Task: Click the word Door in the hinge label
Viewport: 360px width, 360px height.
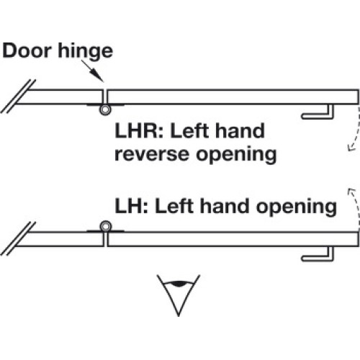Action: (x=27, y=50)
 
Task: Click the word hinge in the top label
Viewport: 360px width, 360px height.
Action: (x=86, y=53)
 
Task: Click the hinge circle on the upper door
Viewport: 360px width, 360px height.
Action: (x=105, y=110)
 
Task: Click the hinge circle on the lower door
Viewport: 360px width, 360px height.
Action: (x=106, y=226)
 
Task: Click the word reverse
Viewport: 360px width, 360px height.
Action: (x=152, y=154)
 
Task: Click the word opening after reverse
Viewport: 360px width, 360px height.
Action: (x=236, y=155)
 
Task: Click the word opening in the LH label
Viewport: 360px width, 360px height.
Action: (x=297, y=207)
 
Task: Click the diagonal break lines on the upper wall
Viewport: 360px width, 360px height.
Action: (x=18, y=96)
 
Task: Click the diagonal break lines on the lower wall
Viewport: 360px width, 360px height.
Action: (x=18, y=238)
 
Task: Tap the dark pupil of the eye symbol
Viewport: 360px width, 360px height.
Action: (x=179, y=284)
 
